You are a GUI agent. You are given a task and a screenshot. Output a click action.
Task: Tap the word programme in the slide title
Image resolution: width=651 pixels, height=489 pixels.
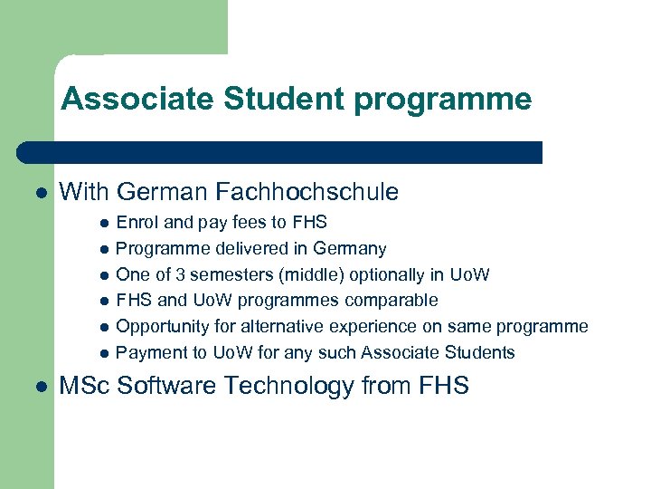443,99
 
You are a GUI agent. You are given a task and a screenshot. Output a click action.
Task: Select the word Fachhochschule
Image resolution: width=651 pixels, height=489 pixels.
307,192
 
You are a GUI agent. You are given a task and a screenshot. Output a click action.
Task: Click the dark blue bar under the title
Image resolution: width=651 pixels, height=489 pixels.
280,152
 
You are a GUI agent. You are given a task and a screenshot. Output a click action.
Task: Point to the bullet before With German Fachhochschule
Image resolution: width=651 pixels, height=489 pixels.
41,193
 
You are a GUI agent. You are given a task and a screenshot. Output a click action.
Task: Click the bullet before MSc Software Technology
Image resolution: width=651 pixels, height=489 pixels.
41,387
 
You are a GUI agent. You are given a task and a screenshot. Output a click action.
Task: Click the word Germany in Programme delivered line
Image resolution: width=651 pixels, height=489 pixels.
352,248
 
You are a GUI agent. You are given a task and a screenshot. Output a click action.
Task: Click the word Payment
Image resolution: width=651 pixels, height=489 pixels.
149,352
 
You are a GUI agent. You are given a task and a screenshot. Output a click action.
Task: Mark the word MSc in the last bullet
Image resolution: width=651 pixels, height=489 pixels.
85,387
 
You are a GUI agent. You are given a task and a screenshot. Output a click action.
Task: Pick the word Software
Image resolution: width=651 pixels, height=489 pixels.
164,387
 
